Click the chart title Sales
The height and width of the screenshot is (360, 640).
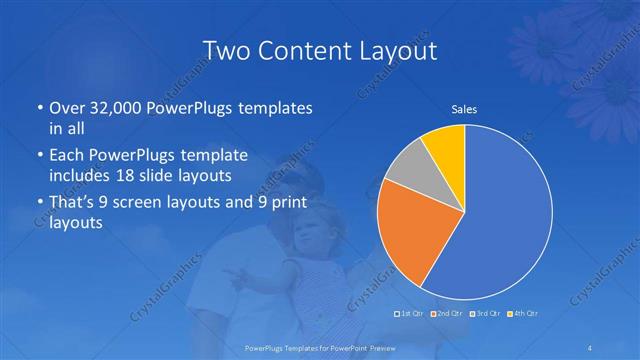(x=464, y=108)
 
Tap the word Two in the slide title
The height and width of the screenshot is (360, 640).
(x=227, y=50)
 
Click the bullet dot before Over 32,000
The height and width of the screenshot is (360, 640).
(x=38, y=108)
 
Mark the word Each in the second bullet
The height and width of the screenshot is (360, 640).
(x=68, y=156)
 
